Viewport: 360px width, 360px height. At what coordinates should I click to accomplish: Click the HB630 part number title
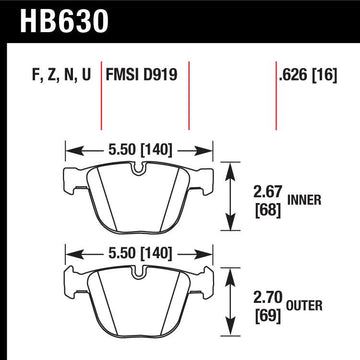click(x=64, y=21)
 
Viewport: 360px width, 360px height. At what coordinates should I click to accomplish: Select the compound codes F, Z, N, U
click(x=61, y=75)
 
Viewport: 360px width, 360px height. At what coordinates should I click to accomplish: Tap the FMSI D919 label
click(x=141, y=74)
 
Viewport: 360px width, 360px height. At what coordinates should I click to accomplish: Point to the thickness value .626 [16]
click(x=308, y=75)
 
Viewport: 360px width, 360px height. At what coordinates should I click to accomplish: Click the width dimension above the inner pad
click(x=140, y=150)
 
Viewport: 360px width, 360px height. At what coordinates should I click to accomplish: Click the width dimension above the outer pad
click(x=140, y=254)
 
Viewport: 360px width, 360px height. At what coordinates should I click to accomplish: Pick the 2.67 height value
click(x=268, y=192)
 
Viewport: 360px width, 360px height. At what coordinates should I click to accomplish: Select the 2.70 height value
click(x=268, y=297)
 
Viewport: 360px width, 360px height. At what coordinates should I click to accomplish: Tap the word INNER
click(x=304, y=200)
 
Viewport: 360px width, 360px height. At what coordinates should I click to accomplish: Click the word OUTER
click(x=305, y=305)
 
